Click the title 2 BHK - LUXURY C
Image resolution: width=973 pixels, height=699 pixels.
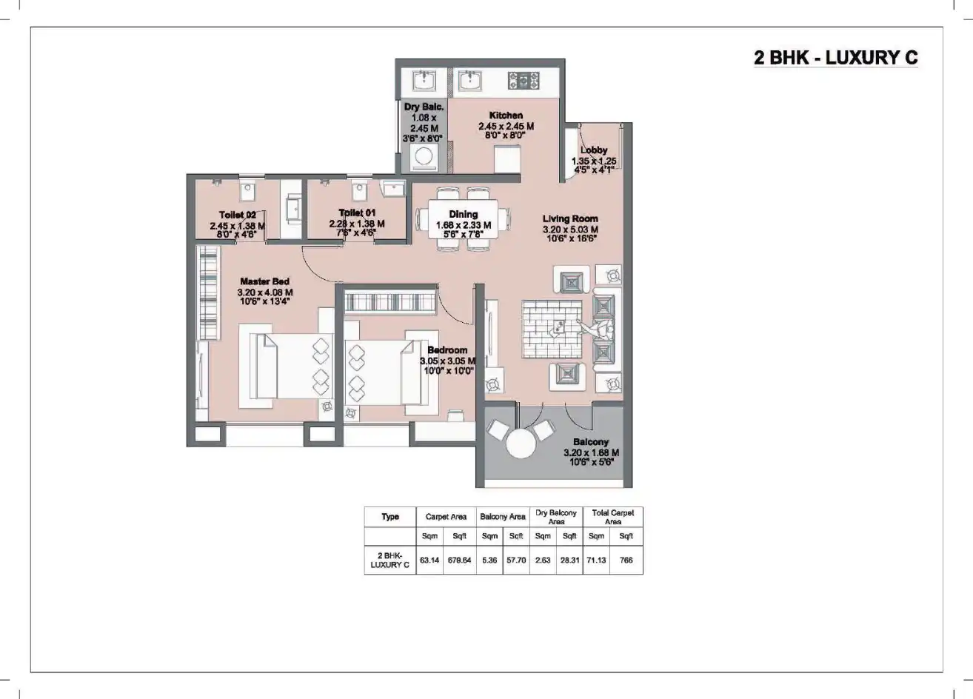(x=835, y=58)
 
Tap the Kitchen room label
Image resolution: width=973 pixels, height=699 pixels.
(x=506, y=116)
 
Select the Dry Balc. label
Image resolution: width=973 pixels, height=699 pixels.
(x=423, y=107)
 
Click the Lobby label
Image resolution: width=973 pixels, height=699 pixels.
(x=594, y=150)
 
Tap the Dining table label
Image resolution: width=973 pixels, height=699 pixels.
(x=463, y=215)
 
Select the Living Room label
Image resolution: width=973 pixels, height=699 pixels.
(x=569, y=218)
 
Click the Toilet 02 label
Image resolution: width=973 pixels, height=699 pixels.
(x=237, y=215)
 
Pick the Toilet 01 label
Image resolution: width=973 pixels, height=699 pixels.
(x=357, y=213)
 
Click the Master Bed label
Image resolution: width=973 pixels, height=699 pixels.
(x=264, y=281)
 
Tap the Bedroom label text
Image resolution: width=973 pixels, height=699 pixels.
(x=447, y=350)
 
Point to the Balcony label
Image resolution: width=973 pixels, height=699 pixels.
(x=590, y=442)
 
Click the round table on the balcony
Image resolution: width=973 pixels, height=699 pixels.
(x=521, y=447)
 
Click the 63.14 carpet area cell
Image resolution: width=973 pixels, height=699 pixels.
(x=429, y=561)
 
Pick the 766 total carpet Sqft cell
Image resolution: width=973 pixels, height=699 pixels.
(x=626, y=561)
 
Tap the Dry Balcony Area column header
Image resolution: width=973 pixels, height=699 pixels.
(x=555, y=517)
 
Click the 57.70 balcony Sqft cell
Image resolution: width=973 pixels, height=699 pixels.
(x=516, y=561)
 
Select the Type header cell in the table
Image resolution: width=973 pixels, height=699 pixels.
(x=390, y=517)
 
